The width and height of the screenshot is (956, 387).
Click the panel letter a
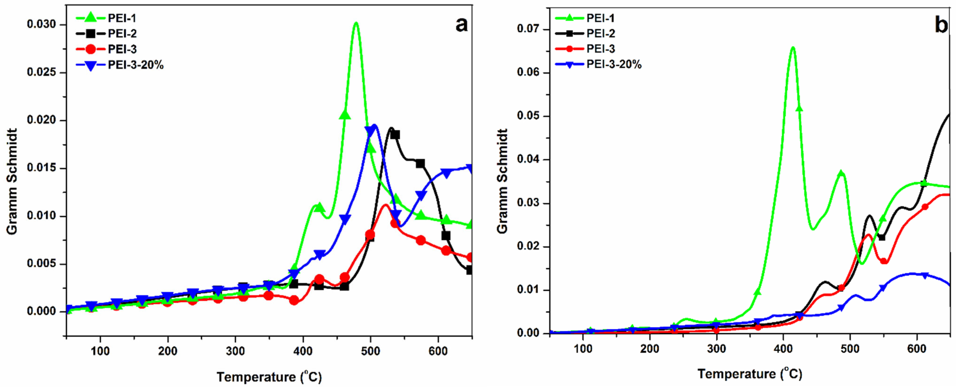click(x=461, y=25)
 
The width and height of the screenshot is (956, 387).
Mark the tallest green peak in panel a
click(x=356, y=23)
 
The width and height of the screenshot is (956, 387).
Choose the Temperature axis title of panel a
click(x=269, y=377)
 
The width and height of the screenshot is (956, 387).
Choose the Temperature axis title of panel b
click(x=750, y=374)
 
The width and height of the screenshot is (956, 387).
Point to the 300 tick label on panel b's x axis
click(x=717, y=349)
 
